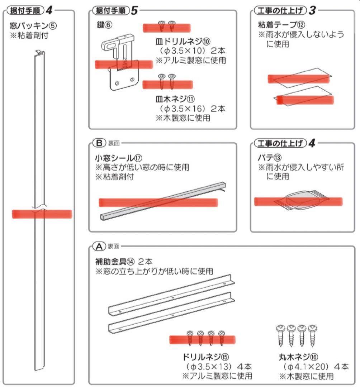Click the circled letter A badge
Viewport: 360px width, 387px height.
98,246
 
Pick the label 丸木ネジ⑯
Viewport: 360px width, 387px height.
298,357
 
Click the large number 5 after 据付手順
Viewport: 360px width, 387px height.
134,10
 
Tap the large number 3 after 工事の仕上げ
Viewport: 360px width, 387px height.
312,10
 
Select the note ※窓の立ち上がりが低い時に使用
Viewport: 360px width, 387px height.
154,271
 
